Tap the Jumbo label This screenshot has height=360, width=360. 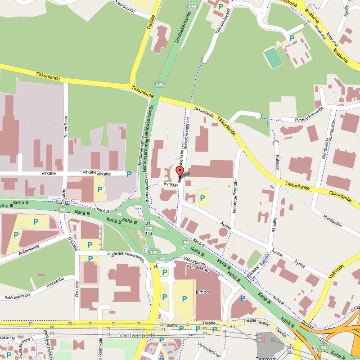tap(202, 292)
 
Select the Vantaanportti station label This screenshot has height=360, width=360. tap(138, 335)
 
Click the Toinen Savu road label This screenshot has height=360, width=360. tap(66, 127)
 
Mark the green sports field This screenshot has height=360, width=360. tap(272, 58)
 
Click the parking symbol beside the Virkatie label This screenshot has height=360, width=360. tap(130, 174)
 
